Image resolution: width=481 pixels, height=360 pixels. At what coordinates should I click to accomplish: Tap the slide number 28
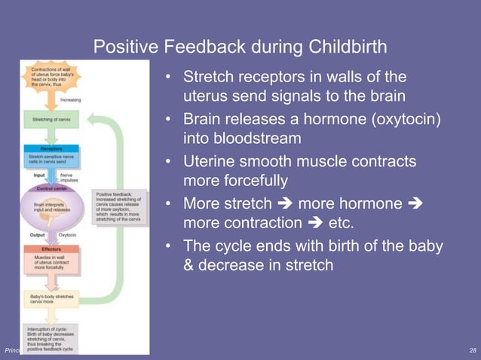[x=471, y=351]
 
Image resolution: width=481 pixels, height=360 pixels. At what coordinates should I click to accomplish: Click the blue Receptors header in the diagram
[x=51, y=149]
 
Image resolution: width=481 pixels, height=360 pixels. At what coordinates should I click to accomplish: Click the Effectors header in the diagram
[x=52, y=248]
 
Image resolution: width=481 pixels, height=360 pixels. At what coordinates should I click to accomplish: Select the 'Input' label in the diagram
[x=33, y=176]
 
